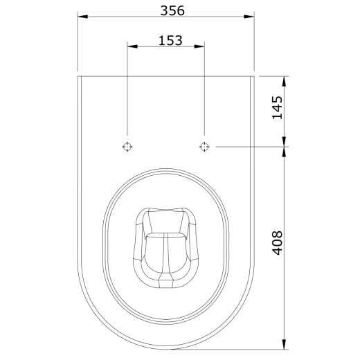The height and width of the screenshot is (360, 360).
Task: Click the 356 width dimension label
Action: [x=172, y=10]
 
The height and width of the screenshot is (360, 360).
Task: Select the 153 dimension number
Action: [x=170, y=40]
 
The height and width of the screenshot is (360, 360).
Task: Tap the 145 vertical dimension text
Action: [x=277, y=107]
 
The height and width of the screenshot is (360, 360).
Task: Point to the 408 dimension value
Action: [x=277, y=243]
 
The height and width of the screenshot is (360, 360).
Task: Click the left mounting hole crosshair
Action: [x=127, y=147]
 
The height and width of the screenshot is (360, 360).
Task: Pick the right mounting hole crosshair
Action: [x=204, y=147]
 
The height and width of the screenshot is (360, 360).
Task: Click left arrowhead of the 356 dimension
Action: [x=82, y=17]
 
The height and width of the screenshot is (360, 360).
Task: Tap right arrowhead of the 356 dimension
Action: [x=249, y=17]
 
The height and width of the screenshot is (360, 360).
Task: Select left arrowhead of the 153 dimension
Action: [x=132, y=46]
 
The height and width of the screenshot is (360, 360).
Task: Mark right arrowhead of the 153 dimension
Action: [x=199, y=46]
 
